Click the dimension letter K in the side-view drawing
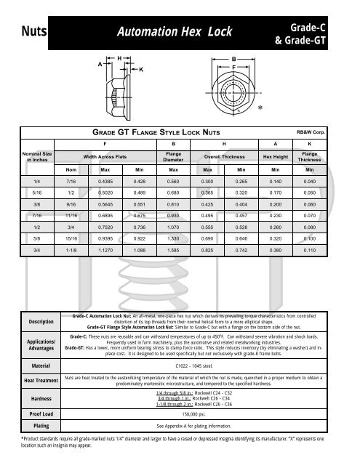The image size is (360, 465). click(x=140, y=70)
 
